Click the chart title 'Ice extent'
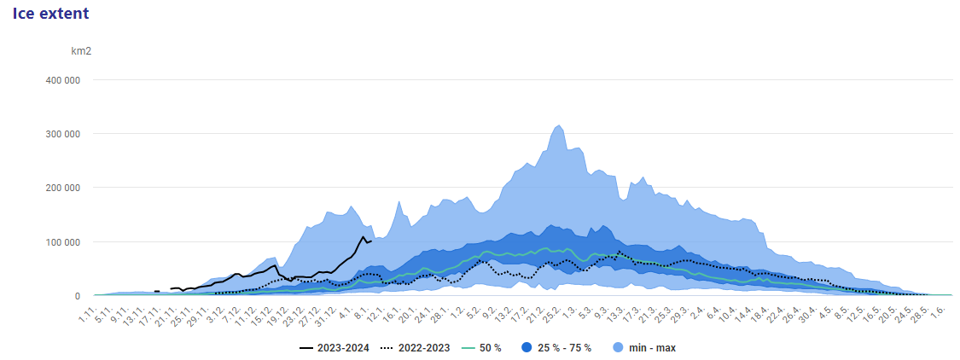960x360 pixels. (51, 13)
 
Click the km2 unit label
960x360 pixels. (81, 51)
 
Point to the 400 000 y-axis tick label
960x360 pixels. (63, 79)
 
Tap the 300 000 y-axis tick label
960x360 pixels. (63, 133)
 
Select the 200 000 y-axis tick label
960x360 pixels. (63, 188)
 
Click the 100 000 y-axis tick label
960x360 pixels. (63, 241)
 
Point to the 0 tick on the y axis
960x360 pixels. (77, 296)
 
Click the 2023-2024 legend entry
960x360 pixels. (335, 348)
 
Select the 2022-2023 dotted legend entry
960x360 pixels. (415, 348)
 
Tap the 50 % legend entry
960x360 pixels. (481, 348)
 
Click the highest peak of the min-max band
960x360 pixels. (559, 125)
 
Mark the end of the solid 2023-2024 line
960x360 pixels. (371, 241)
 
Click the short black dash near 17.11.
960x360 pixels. (157, 292)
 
